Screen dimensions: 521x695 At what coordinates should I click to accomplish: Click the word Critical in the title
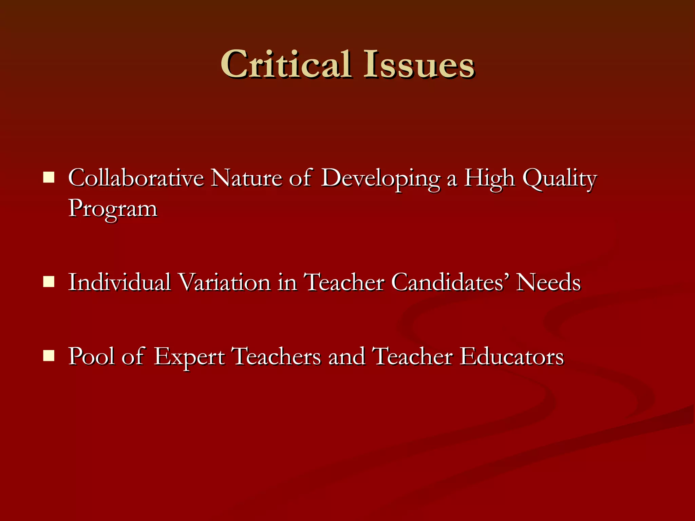(286, 64)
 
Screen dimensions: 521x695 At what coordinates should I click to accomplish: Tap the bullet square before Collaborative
(49, 177)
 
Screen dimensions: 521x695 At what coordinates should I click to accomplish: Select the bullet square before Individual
(49, 281)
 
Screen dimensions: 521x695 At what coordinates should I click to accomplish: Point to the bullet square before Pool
(49, 356)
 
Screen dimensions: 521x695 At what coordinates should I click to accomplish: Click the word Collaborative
(136, 178)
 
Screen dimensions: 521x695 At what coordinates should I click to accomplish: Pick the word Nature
(246, 178)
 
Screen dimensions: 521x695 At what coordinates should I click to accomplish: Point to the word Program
(113, 209)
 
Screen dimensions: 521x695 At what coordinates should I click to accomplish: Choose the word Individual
(119, 282)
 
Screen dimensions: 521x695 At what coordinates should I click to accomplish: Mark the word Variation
(224, 282)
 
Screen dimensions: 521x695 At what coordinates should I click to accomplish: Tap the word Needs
(548, 282)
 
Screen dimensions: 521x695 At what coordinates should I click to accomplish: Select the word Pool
(92, 356)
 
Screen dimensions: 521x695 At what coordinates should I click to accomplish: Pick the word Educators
(512, 356)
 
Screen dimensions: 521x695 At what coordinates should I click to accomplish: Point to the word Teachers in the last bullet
(277, 356)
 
